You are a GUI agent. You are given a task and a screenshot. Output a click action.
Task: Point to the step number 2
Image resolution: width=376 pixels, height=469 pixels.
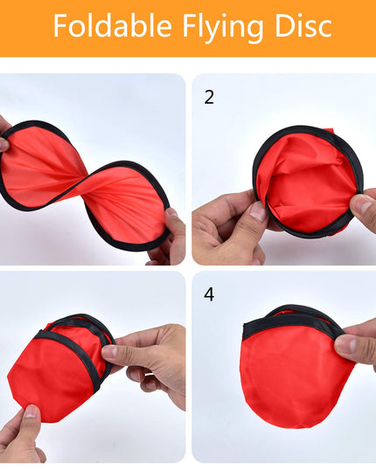coord(209,97)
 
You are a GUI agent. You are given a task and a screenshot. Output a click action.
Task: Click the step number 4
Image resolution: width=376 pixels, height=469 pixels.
coord(209,294)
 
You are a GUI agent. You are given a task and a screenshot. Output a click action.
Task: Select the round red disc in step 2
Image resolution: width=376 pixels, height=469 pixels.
coord(305,183)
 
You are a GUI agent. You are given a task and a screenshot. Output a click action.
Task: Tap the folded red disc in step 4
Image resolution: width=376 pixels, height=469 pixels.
coord(292,367)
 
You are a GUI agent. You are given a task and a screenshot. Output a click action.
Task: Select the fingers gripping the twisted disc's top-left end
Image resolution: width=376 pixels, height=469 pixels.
coord(5,135)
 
